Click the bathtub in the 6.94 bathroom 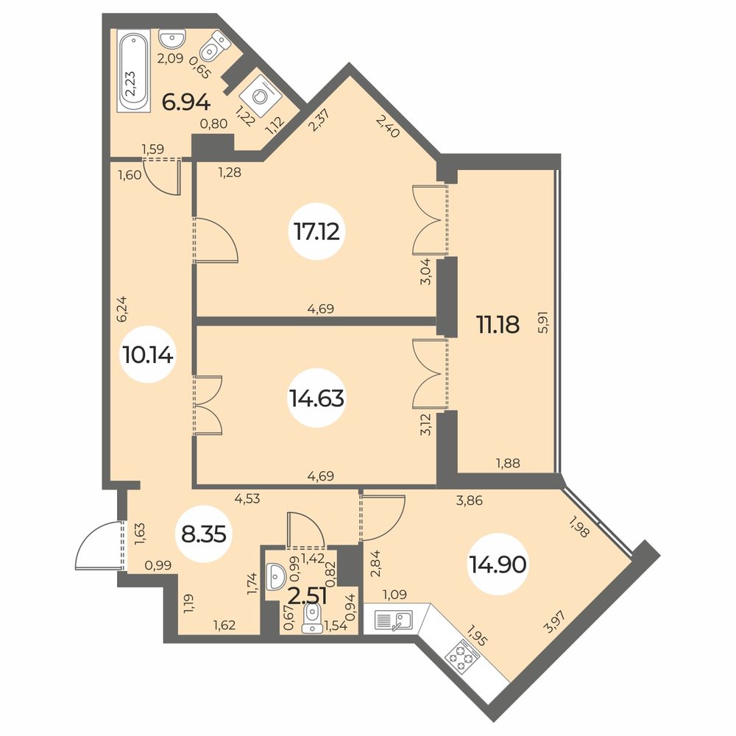pos(133,71)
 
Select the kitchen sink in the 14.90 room pos(394,620)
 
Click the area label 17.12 pos(316,231)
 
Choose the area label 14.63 pos(316,398)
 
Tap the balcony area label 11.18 pos(498,324)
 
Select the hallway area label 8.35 pos(204,534)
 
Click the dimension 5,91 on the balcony pos(543,322)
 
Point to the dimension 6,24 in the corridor pos(121,309)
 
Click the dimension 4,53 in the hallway pos(247,498)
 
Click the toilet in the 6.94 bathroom pos(216,46)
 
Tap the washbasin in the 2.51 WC pos(275,576)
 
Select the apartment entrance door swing pos(99,545)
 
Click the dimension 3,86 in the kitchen pos(470,500)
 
